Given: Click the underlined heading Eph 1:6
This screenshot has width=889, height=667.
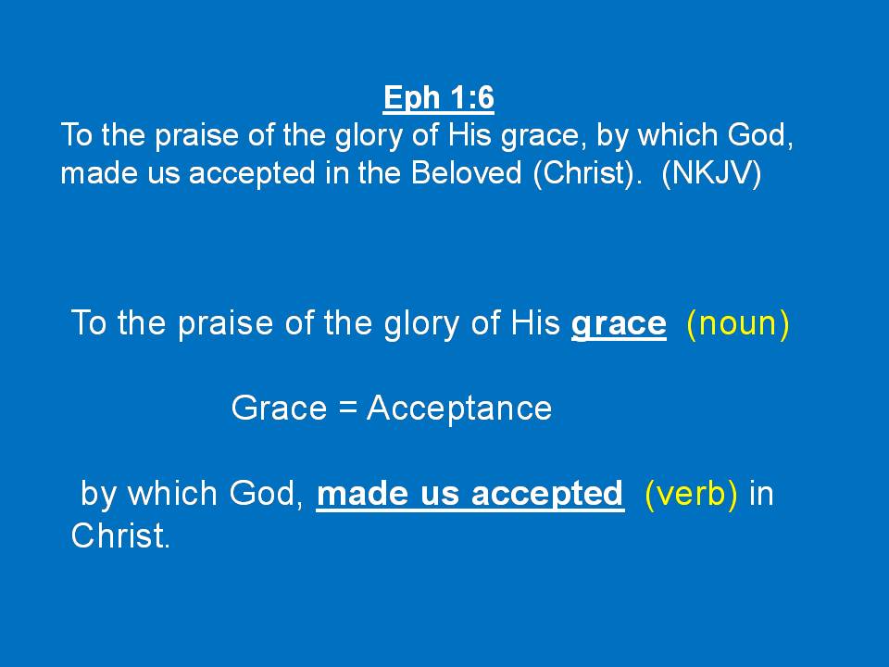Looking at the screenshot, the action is [439, 97].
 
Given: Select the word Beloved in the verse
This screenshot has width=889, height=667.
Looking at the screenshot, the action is [466, 172].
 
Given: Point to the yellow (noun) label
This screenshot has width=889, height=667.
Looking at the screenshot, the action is [738, 323].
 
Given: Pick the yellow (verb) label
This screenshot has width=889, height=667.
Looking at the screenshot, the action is [692, 494].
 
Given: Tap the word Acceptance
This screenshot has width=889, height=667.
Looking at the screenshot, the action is [459, 409].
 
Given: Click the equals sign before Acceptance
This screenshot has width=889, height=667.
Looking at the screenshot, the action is [347, 409].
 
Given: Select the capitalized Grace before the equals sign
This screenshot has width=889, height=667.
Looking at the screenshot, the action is [279, 408].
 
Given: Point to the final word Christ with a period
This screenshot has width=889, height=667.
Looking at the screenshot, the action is [120, 535].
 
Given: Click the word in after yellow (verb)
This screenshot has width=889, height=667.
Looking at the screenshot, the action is [761, 494].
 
